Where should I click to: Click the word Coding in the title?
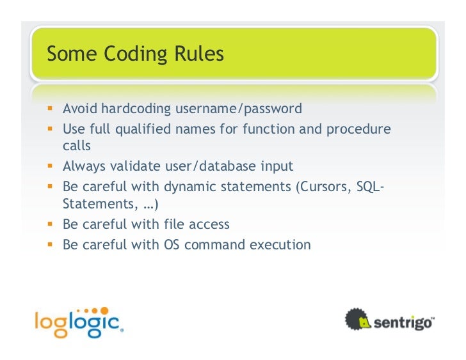[131, 54]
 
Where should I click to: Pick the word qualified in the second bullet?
[143, 130]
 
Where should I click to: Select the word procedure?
[358, 129]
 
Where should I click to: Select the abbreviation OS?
[172, 244]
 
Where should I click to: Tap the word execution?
[279, 244]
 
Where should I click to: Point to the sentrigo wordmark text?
[403, 320]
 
